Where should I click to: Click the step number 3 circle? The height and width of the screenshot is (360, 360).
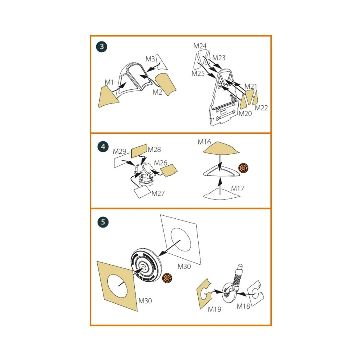click(102, 46)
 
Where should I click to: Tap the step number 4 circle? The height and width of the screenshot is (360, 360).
click(103, 147)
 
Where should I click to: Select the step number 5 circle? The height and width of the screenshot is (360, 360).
click(103, 222)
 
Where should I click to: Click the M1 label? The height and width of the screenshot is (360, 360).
click(109, 82)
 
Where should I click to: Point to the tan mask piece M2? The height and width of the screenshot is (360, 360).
click(166, 84)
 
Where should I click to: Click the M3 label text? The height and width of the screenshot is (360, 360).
click(150, 59)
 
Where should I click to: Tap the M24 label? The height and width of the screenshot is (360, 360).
click(200, 46)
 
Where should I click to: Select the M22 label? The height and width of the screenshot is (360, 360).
click(261, 108)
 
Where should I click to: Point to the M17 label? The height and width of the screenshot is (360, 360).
click(238, 188)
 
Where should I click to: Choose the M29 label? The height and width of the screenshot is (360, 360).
click(119, 151)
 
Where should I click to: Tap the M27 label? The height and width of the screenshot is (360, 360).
click(158, 193)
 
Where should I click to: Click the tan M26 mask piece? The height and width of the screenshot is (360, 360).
click(169, 170)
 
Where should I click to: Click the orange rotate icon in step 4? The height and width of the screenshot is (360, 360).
click(243, 168)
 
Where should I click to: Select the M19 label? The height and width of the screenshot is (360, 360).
click(214, 309)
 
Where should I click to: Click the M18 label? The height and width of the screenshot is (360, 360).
click(243, 306)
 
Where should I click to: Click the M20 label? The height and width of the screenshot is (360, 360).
click(245, 114)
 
